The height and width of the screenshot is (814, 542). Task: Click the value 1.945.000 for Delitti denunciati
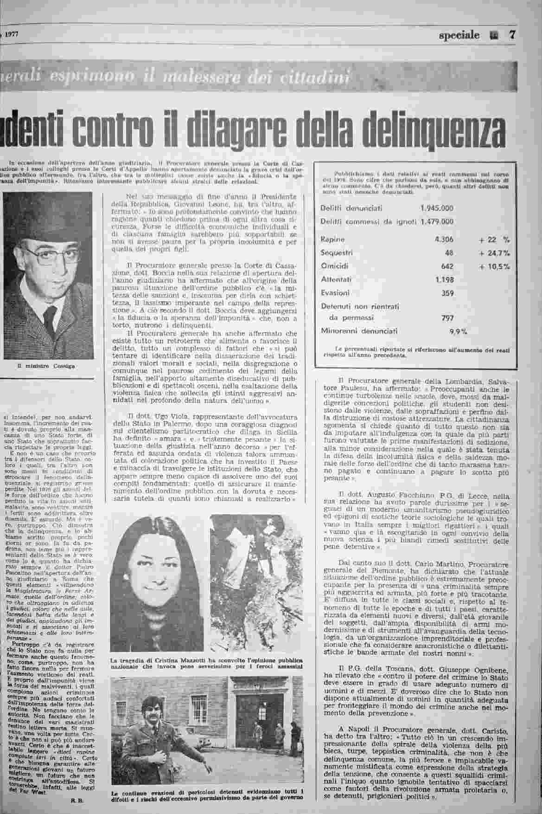point(437,208)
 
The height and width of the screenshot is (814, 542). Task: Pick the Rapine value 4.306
point(444,239)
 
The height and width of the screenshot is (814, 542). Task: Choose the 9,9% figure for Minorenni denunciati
point(458,331)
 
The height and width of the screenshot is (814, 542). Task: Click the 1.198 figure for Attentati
point(444,280)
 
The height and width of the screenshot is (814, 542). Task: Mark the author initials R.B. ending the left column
point(77,800)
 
